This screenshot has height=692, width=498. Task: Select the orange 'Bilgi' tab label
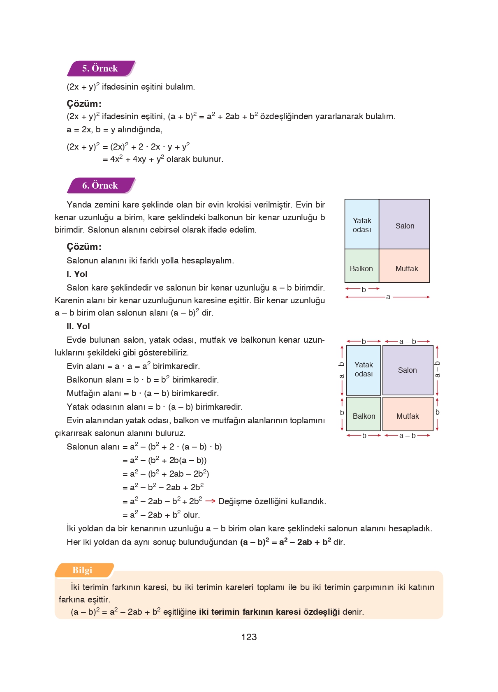point(82,570)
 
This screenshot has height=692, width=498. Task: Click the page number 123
point(249,637)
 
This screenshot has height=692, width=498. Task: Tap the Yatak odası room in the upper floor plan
point(362,224)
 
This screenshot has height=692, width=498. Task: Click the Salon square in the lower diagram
point(408,370)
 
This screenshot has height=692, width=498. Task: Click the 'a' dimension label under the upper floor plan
point(388,297)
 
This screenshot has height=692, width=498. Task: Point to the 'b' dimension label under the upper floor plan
point(364,289)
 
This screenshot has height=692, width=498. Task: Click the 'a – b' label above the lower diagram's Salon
point(408,341)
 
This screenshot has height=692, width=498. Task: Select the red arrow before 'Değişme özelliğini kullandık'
point(210,501)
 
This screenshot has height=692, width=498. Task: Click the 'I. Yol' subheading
point(77,274)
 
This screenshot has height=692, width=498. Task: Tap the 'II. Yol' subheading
point(78,326)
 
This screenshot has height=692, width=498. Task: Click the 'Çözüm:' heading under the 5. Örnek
point(84,104)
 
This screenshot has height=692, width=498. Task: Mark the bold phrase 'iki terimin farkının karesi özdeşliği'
point(269,612)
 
